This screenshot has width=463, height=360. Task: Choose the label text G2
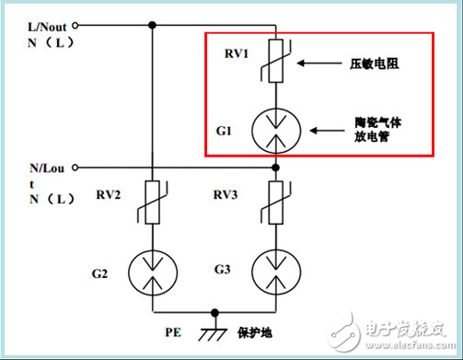[x=101, y=273]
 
